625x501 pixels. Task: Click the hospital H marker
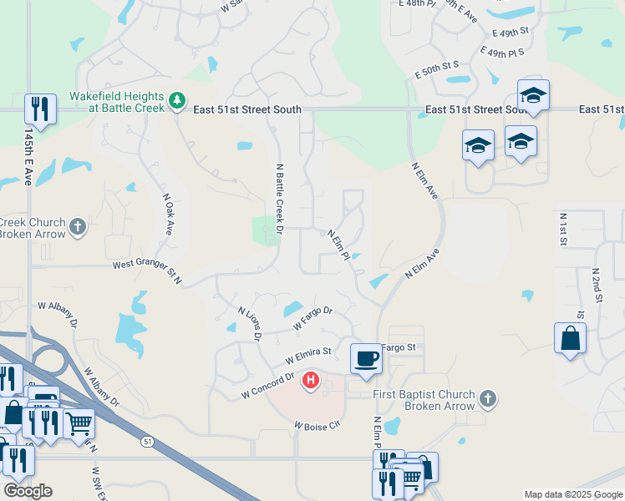click(x=311, y=381)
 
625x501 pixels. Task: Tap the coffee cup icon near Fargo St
click(x=366, y=358)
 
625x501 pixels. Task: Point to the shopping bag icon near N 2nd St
click(x=570, y=339)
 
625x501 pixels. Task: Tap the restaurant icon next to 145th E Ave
click(x=40, y=109)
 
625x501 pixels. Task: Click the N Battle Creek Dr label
click(x=280, y=198)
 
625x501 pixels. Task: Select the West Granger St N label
click(x=147, y=272)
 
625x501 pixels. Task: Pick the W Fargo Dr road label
click(x=312, y=316)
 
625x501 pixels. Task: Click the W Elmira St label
click(x=308, y=357)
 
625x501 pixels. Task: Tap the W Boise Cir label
click(x=318, y=425)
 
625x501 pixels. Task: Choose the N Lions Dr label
click(x=249, y=323)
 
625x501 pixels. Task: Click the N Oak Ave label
click(x=166, y=215)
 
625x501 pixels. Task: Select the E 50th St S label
click(x=438, y=64)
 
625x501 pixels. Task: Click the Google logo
click(x=28, y=490)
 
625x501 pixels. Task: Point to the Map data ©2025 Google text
click(x=572, y=494)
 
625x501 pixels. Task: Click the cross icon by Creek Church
click(x=78, y=227)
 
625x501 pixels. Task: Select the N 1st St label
click(x=562, y=229)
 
